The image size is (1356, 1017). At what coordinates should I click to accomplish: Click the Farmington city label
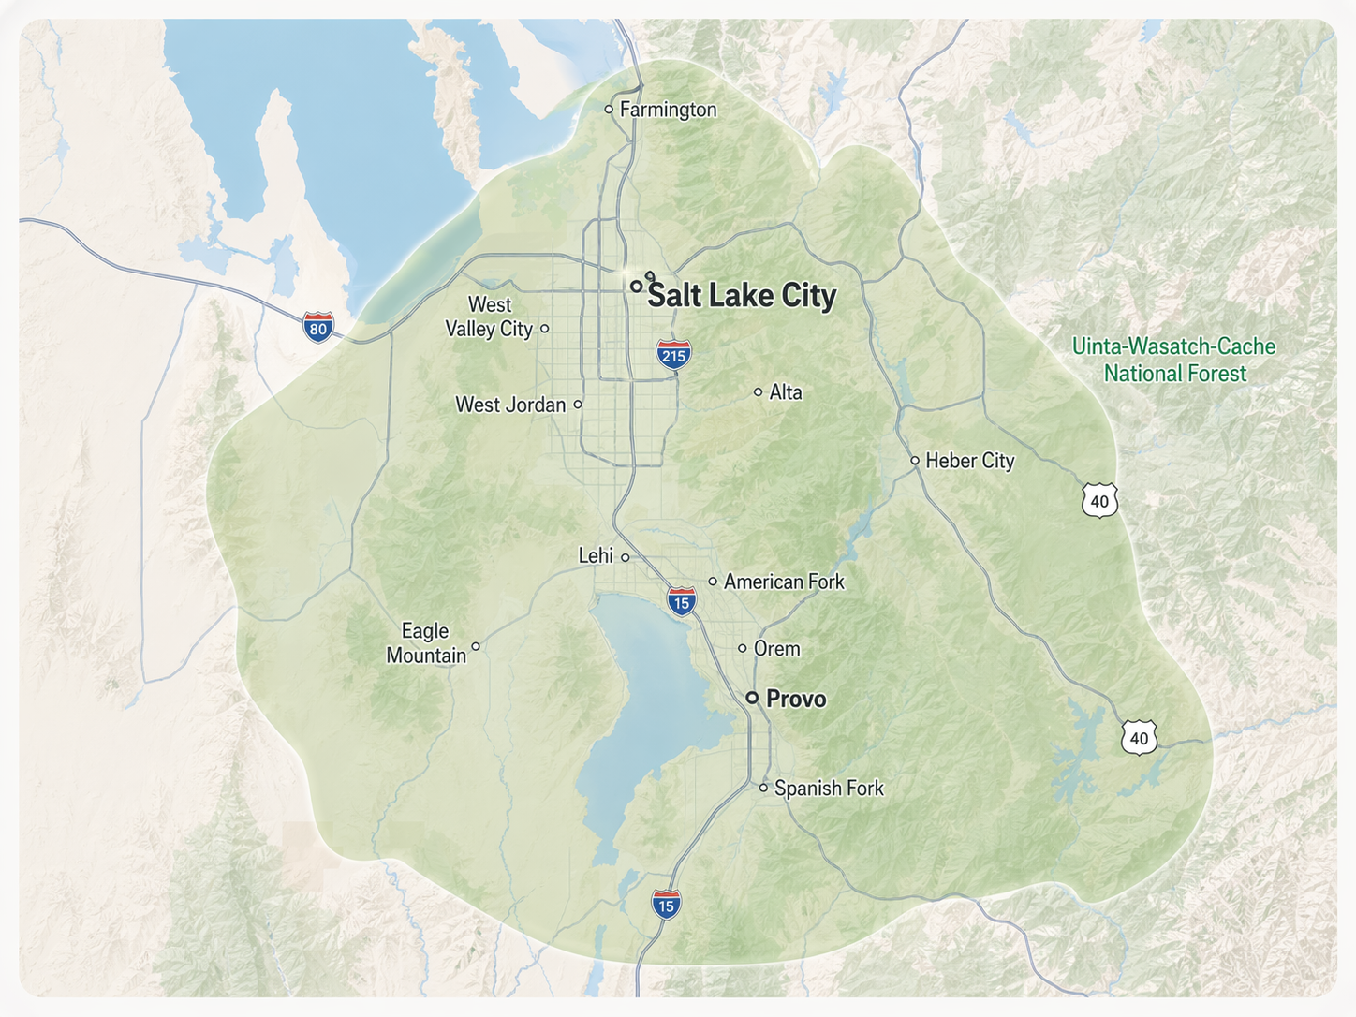tap(668, 110)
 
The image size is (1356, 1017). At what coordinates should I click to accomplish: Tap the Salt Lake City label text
tap(742, 296)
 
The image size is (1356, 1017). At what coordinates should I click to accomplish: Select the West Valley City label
tap(489, 317)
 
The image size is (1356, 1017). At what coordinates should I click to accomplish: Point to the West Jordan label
tap(510, 405)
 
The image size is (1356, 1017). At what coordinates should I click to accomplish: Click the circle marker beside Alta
tap(759, 392)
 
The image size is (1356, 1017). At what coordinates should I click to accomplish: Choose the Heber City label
tap(969, 461)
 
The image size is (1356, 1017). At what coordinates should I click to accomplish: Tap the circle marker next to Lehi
tap(626, 557)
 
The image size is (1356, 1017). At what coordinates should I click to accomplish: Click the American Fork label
tap(784, 582)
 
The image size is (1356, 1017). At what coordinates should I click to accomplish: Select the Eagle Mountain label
tap(426, 643)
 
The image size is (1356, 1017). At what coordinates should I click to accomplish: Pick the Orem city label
tap(776, 648)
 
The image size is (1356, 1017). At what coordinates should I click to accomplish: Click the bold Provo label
tap(796, 699)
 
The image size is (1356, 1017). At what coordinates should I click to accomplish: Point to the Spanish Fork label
tap(829, 789)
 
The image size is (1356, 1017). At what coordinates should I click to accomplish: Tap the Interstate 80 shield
tap(318, 328)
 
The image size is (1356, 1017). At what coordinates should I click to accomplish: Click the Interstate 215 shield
tap(673, 354)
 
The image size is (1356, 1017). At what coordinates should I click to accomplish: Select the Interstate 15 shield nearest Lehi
tap(681, 602)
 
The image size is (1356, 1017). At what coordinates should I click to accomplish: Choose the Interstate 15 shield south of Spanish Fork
tap(666, 905)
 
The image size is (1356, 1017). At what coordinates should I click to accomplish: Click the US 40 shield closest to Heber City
tap(1099, 501)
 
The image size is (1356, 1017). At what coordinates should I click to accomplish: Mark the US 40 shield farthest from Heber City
tap(1139, 738)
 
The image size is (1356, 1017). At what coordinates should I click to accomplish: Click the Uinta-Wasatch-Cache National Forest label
tap(1174, 360)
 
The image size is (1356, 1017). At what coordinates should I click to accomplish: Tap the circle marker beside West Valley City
tap(545, 329)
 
